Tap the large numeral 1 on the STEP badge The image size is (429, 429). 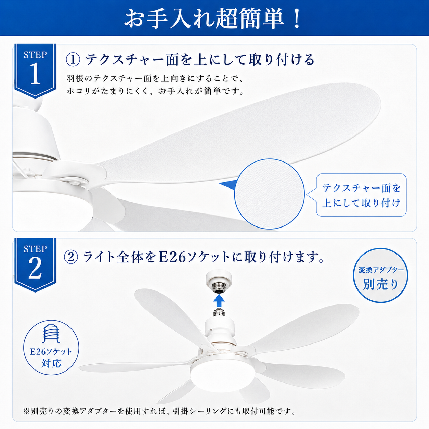35,74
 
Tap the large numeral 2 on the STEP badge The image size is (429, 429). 35,268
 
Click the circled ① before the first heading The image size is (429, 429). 73,60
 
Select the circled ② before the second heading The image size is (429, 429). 71,257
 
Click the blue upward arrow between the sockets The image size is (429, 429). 219,301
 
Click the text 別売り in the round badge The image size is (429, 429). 380,284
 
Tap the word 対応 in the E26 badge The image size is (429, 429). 51,363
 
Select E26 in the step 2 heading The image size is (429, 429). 172,257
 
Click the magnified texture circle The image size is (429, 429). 269,194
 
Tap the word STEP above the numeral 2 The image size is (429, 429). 35,249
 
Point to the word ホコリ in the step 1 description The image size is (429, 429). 78,91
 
